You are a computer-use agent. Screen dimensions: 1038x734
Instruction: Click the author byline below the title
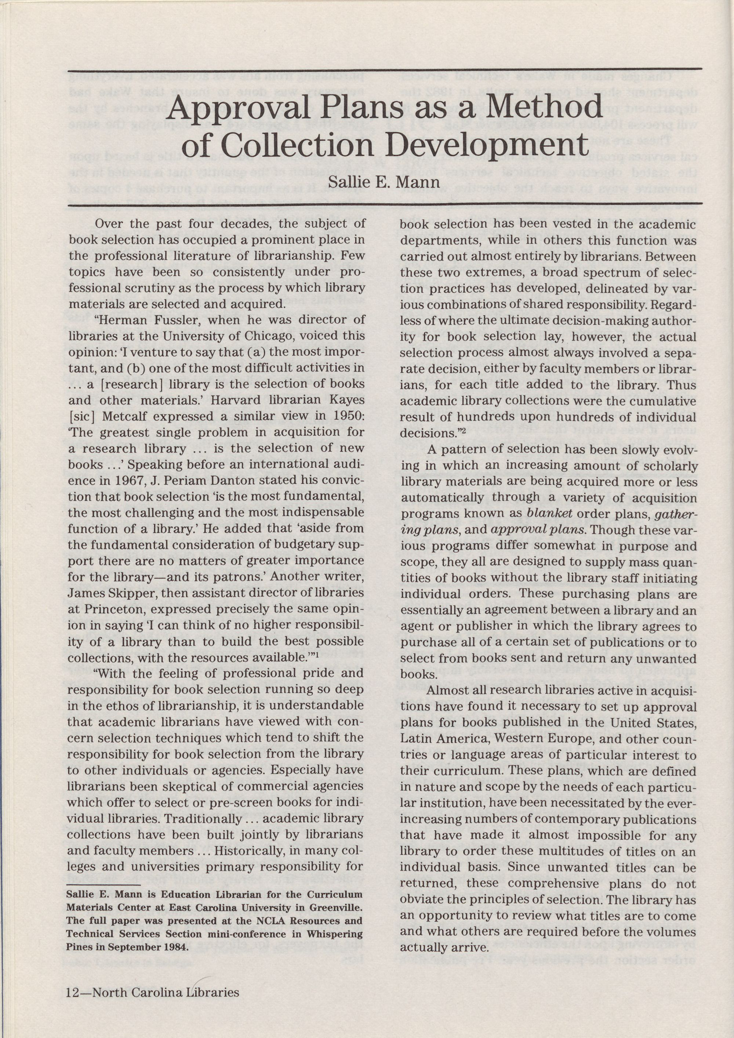[384, 182]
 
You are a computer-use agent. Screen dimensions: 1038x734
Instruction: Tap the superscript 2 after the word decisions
[463, 430]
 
